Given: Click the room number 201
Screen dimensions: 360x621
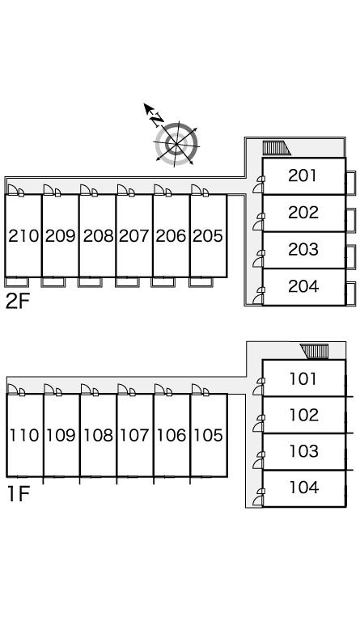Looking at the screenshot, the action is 303,175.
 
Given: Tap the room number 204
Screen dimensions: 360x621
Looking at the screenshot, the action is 303,286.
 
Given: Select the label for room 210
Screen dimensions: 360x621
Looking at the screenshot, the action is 23,236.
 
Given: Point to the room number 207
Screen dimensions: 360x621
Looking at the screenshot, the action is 133,236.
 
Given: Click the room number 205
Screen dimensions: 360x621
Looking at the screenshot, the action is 208,236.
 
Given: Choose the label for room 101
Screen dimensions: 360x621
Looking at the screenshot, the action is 303,379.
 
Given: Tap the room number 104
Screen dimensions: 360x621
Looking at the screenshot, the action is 303,488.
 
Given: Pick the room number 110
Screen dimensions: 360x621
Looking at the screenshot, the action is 24,435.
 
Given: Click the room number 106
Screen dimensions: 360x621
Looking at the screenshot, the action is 171,435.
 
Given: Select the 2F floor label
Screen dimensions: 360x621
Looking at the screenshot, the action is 18,302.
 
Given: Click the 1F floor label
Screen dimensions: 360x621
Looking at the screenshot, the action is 19,494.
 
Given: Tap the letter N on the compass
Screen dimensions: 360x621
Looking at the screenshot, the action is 157,118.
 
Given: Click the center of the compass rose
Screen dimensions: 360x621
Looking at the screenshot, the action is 176,144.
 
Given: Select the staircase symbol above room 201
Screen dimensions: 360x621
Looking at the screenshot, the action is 277,148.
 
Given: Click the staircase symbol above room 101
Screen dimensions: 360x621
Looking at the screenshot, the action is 315,351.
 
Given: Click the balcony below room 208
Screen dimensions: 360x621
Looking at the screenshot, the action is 90,282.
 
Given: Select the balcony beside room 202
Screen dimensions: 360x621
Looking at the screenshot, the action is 350,220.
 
